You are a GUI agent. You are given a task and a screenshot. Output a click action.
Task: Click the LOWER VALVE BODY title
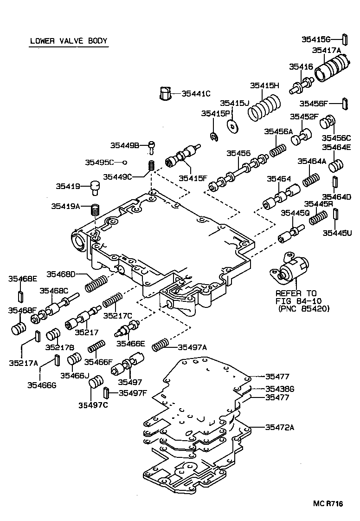tap(69, 41)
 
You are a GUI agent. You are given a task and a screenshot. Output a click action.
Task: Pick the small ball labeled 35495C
tap(124, 162)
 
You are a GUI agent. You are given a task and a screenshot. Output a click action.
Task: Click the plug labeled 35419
tap(95, 188)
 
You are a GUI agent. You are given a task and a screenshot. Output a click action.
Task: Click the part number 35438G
tap(280, 389)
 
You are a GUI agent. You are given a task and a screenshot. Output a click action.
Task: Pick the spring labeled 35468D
tap(96, 282)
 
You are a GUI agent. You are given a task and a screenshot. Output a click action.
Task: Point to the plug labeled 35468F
tap(19, 327)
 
